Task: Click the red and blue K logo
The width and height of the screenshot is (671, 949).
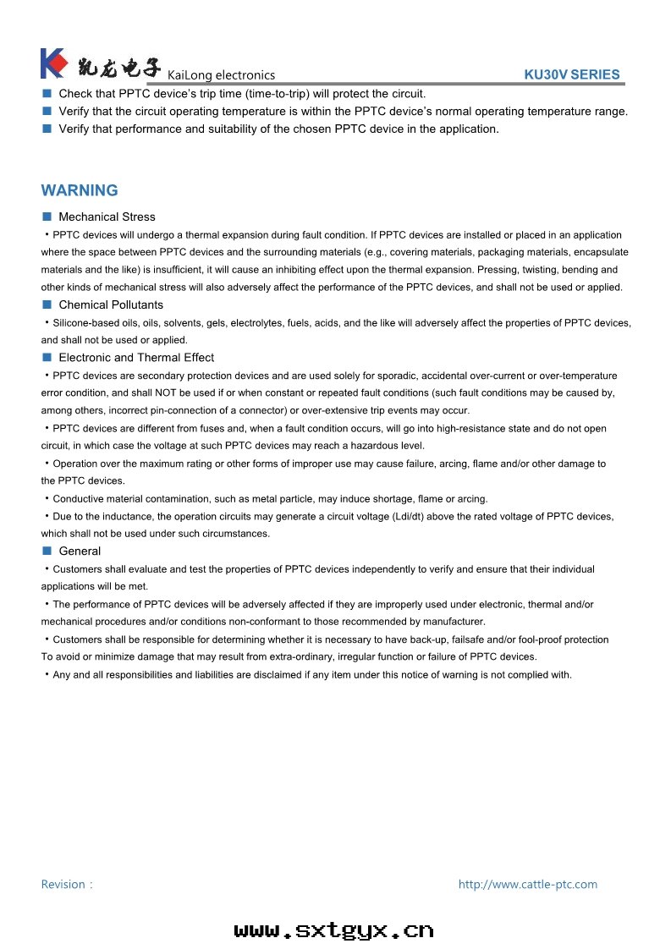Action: pos(53,63)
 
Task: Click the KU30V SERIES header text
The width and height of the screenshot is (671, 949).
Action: pos(572,74)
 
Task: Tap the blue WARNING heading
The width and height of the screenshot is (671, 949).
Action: pos(80,190)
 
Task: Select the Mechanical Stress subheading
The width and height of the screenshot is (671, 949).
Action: pos(107,217)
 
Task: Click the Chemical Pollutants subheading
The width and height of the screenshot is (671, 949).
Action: pos(111,304)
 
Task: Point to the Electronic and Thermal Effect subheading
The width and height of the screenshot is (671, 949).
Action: pos(136,357)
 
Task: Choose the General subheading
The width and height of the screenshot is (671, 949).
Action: pos(80,551)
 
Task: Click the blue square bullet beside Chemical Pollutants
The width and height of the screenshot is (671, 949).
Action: pos(47,304)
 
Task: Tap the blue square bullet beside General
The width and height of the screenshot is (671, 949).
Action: pos(47,551)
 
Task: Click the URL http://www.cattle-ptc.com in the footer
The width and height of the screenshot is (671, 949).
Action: pos(527,884)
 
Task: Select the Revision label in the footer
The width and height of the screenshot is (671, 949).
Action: pos(64,884)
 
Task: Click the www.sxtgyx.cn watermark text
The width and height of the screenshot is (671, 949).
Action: pos(333,930)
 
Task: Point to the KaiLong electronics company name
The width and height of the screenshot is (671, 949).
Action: pos(222,75)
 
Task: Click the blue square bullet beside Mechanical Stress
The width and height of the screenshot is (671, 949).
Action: pos(47,217)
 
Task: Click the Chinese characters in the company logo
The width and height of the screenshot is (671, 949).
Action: pos(118,65)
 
